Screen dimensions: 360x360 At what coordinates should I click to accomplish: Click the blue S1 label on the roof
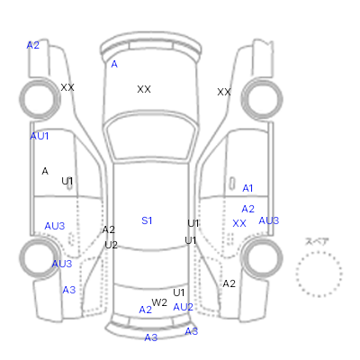point(147,220)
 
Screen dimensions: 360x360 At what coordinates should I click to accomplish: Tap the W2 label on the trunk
point(159,302)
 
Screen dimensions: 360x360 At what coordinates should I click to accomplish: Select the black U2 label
point(111,245)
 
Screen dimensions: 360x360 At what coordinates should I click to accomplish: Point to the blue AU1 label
point(40,136)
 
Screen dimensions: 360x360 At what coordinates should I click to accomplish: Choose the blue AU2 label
point(183,307)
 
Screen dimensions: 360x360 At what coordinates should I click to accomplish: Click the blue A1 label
point(247,188)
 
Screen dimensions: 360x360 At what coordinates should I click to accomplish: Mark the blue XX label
point(239,223)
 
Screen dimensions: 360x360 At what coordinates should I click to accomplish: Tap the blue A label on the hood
point(114,64)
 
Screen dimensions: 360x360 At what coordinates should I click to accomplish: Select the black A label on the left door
point(45,171)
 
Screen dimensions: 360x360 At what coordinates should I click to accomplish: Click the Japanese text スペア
point(317,241)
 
